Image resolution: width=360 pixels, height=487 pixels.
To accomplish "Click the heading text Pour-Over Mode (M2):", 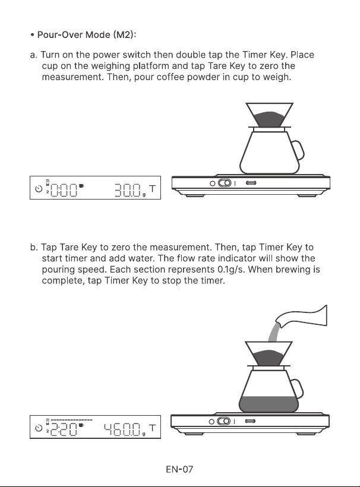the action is click(x=87, y=35).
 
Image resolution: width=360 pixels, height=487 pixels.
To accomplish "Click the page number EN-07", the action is click(x=179, y=469).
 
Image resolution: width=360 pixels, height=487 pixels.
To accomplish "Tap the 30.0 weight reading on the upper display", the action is click(x=128, y=190).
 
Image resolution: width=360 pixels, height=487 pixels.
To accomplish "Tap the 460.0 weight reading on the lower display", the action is click(x=123, y=429).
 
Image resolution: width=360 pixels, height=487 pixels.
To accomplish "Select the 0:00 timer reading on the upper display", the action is click(x=64, y=190).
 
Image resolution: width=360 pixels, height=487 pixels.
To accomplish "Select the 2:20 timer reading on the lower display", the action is click(x=64, y=429).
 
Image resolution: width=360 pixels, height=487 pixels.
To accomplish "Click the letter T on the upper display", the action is click(x=152, y=189).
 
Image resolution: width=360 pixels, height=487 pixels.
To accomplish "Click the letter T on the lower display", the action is click(x=152, y=428).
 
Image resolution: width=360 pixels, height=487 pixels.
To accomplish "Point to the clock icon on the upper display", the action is click(x=39, y=188).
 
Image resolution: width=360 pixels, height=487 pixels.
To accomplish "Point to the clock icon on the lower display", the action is click(x=39, y=428).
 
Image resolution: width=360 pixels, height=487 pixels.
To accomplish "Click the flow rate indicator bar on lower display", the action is click(x=71, y=420).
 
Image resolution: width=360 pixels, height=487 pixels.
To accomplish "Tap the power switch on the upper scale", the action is click(x=225, y=183).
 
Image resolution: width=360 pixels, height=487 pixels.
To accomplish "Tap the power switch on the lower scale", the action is click(x=223, y=422).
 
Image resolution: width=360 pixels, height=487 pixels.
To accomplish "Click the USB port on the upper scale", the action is click(x=251, y=183).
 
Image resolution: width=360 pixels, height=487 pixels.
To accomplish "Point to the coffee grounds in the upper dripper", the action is click(x=269, y=119).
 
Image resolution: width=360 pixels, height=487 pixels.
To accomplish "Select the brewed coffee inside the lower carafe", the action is click(x=269, y=404).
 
